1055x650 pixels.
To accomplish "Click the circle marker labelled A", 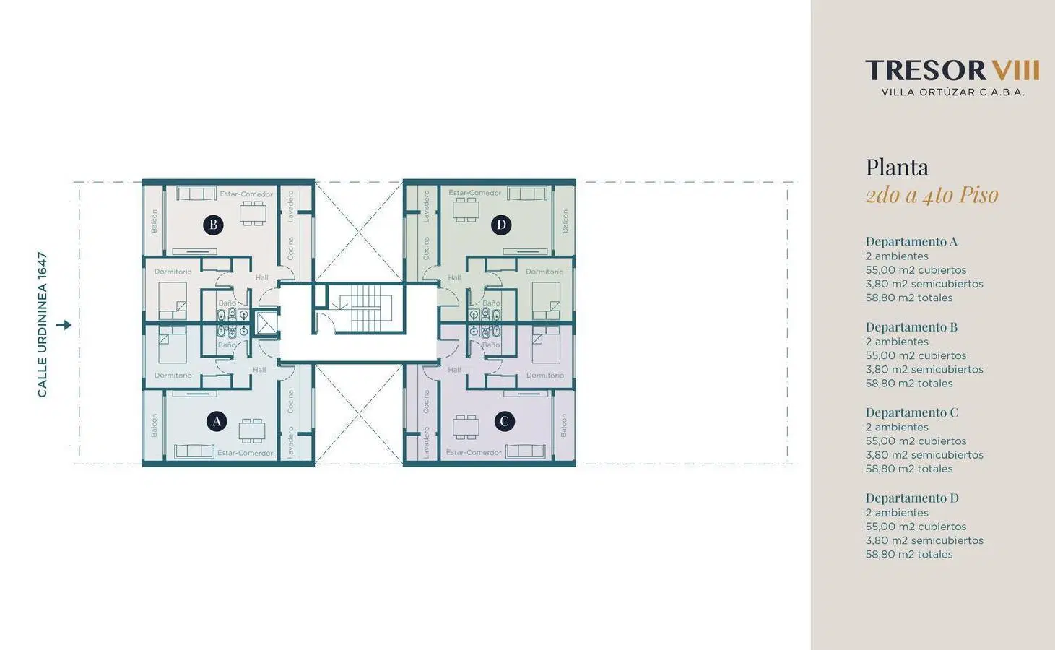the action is click(217, 421).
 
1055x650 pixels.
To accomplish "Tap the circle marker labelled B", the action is click(213, 225).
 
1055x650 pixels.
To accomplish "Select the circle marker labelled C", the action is click(505, 421).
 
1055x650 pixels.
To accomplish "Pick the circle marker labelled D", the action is click(501, 225).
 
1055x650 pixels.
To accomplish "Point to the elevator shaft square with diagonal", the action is click(266, 324).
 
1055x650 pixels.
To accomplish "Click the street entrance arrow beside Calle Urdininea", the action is click(64, 325).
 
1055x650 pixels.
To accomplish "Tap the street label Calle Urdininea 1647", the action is click(43, 324).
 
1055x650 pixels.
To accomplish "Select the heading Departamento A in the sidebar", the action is click(911, 242).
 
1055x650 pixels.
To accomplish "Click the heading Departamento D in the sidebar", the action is click(912, 498).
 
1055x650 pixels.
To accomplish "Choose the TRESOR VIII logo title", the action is click(952, 71).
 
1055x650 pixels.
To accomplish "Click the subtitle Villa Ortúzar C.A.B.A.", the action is click(952, 92).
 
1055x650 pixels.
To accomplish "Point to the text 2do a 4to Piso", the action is click(932, 195).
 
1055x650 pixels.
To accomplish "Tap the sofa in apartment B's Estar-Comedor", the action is click(196, 193).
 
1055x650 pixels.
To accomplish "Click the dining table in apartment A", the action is click(252, 430).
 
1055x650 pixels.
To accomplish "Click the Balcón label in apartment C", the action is click(564, 425).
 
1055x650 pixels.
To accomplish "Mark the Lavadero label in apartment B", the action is click(290, 207).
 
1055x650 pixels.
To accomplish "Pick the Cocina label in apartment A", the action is click(290, 402).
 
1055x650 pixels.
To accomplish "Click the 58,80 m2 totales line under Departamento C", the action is click(909, 469).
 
